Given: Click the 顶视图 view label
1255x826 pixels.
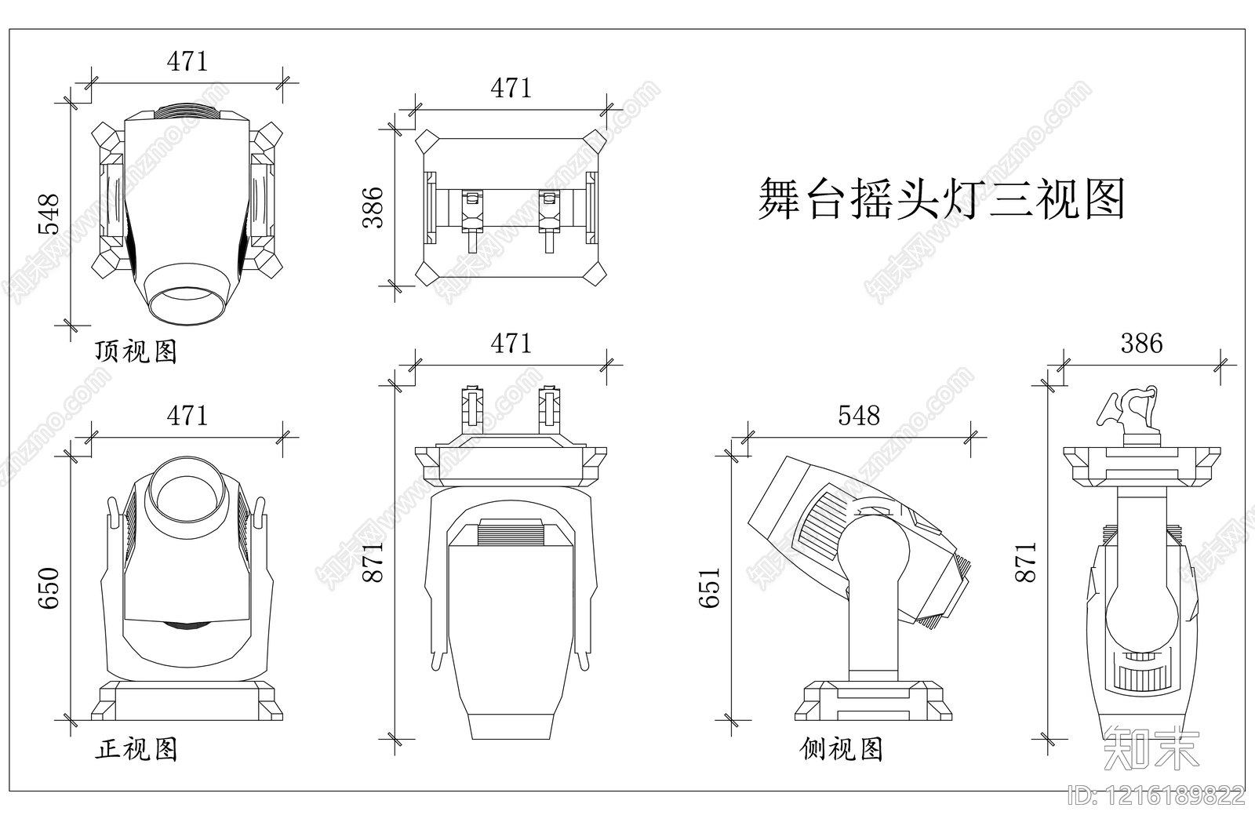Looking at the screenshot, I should [x=136, y=351].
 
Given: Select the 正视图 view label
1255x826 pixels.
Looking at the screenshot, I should [x=136, y=749].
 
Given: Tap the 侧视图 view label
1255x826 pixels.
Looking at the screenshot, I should [x=842, y=749].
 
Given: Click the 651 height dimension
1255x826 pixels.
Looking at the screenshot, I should [x=709, y=588].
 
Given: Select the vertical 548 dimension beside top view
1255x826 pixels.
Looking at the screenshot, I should [x=49, y=213].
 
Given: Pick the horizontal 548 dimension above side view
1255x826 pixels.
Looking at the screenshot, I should [x=859, y=415].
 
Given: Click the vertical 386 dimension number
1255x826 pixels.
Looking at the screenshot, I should [x=373, y=207].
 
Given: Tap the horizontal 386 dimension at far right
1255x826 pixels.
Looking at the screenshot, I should [x=1141, y=343].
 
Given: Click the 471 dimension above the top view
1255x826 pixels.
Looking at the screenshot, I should [x=187, y=61].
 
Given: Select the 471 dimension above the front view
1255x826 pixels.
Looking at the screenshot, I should [x=187, y=415].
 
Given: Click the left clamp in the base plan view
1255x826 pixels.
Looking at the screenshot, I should [x=471, y=219].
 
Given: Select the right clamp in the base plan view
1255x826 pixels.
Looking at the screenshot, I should [x=548, y=219].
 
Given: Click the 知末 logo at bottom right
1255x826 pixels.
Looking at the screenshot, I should [x=1151, y=747].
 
